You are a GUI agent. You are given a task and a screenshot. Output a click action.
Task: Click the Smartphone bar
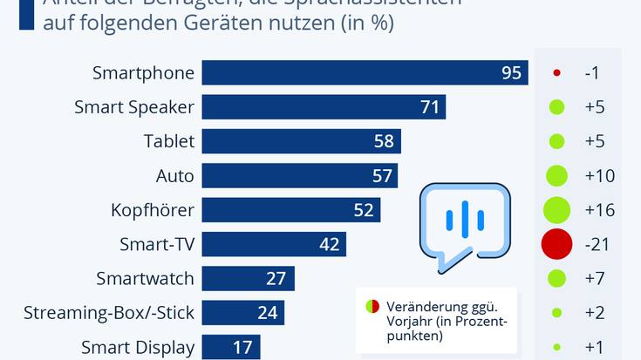pyautogui.click(x=365, y=73)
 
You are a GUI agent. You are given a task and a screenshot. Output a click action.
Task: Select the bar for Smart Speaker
pyautogui.click(x=324, y=107)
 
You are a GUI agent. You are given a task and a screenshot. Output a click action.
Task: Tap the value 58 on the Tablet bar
pyautogui.click(x=385, y=141)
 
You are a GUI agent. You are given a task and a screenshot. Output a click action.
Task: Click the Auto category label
pyautogui.click(x=174, y=176)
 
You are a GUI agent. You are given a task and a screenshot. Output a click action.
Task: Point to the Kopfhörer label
pyautogui.click(x=153, y=210)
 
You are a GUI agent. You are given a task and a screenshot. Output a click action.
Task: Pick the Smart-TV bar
pyautogui.click(x=274, y=244)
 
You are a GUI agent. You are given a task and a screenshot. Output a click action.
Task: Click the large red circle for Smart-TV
pyautogui.click(x=556, y=244)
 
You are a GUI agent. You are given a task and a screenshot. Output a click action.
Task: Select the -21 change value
pyautogui.click(x=599, y=244)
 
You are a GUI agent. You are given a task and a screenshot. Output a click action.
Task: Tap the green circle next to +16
pyautogui.click(x=556, y=210)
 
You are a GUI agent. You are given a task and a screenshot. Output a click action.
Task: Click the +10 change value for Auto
pyautogui.click(x=599, y=176)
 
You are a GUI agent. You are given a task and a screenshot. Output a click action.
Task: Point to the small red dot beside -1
pyautogui.click(x=556, y=73)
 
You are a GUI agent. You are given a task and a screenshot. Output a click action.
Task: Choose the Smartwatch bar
pyautogui.click(x=248, y=278)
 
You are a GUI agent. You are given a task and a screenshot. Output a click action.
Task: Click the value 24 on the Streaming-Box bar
pyautogui.click(x=267, y=312)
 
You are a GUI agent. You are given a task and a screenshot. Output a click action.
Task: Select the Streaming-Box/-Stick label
pyautogui.click(x=109, y=312)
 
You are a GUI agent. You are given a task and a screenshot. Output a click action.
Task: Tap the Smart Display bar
pyautogui.click(x=232, y=347)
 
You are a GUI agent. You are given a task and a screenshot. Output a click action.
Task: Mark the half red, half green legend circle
pyautogui.click(x=372, y=306)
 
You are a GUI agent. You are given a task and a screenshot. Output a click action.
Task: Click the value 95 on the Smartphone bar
pyautogui.click(x=511, y=73)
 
